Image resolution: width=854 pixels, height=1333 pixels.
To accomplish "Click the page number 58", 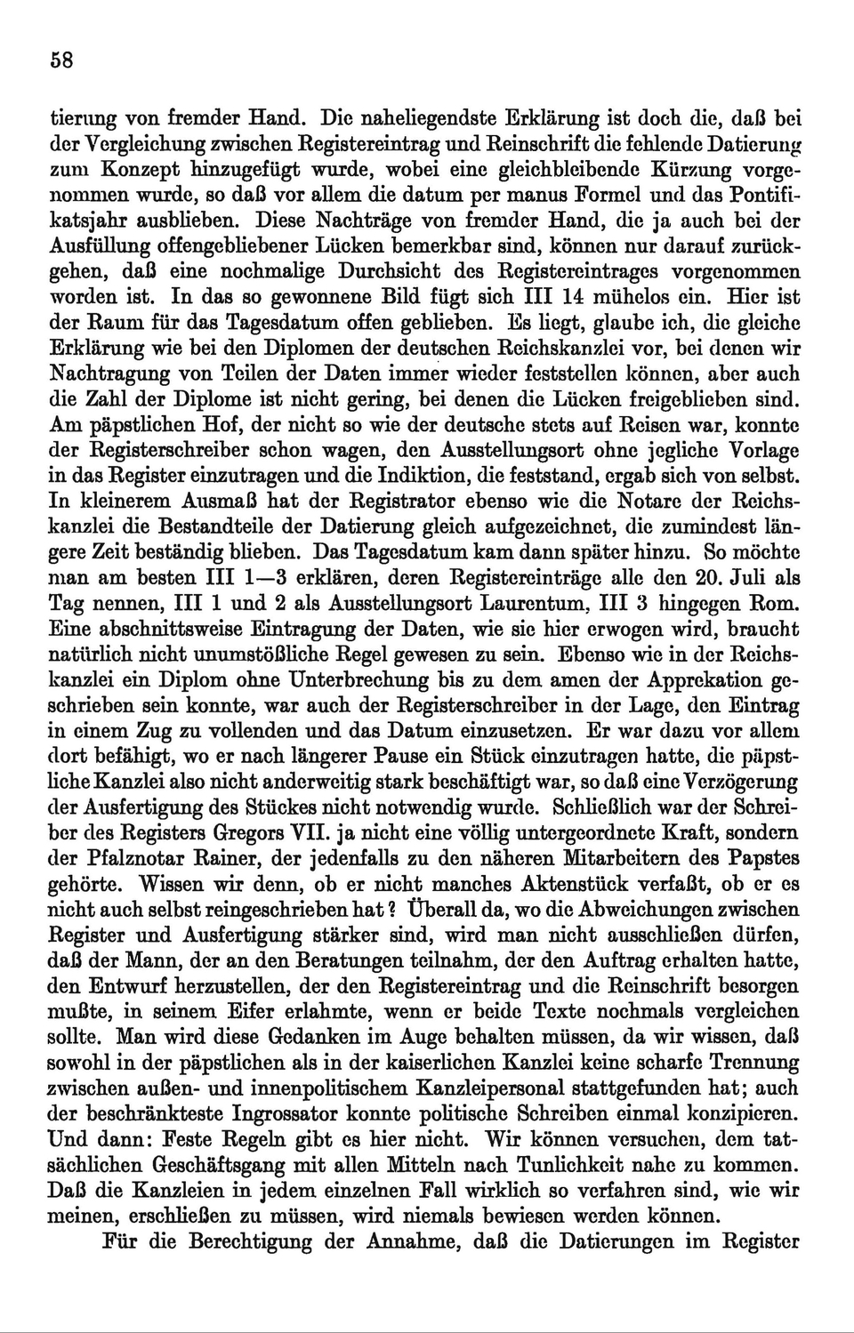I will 60,60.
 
